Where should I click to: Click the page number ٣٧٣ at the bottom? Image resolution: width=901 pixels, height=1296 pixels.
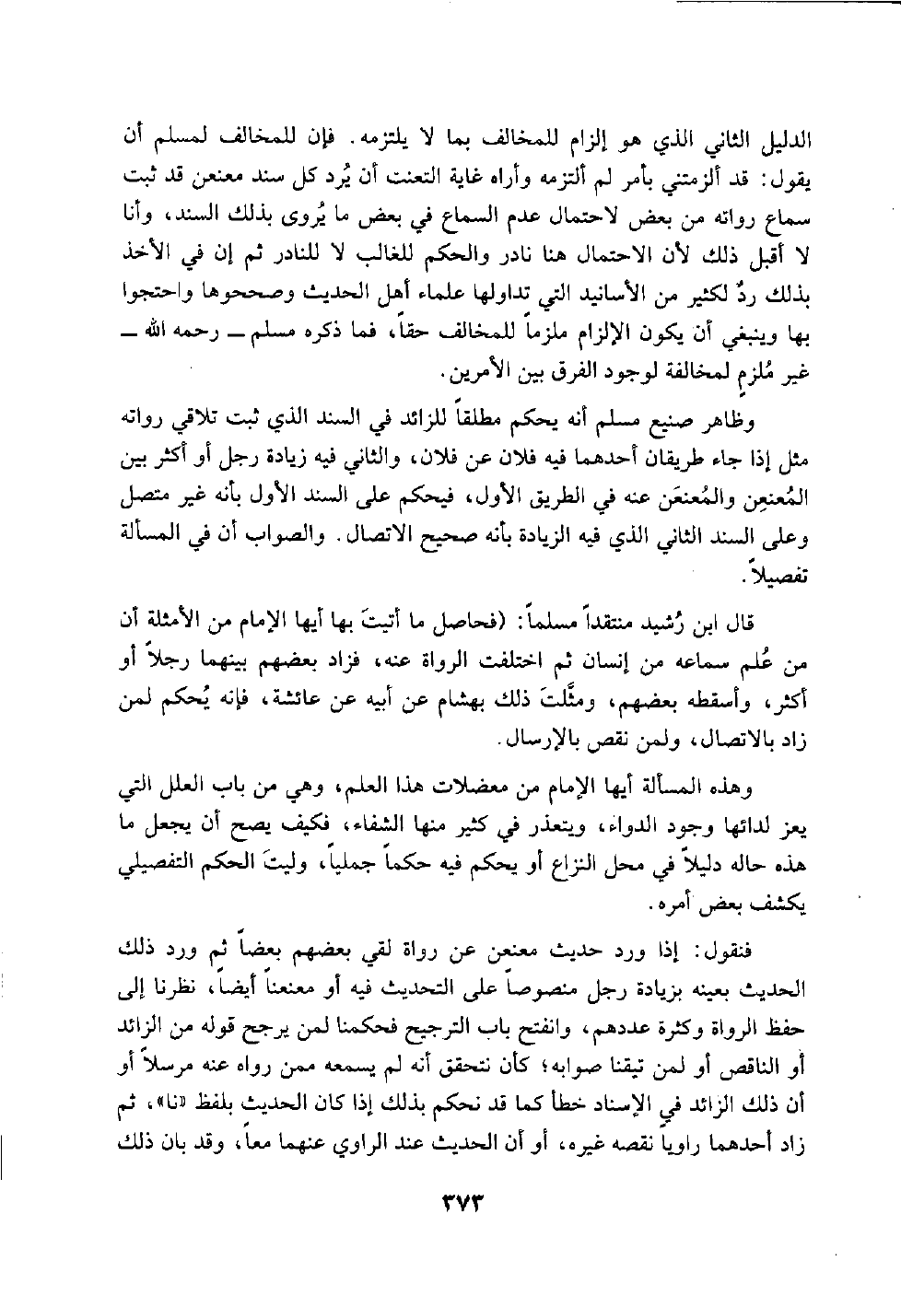[451, 1203]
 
